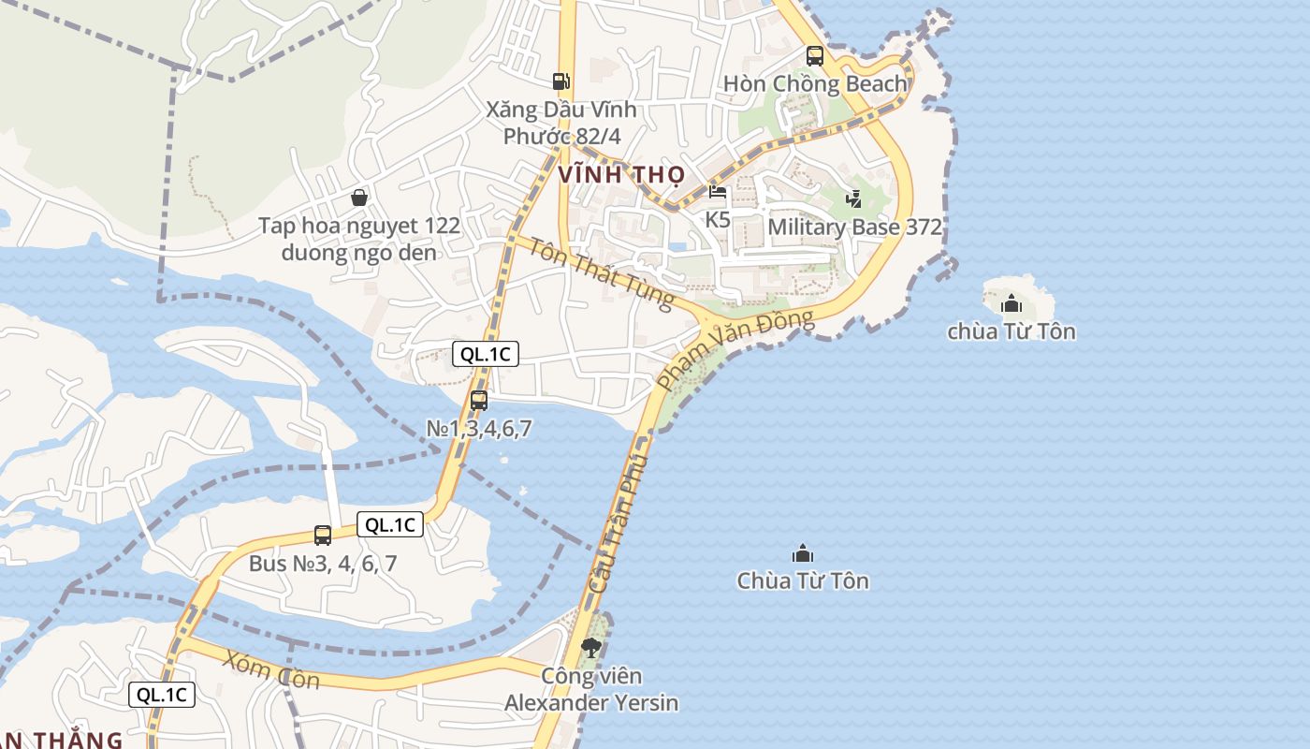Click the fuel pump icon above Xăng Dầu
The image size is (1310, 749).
tap(560, 81)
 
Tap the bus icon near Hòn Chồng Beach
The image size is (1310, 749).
tap(814, 55)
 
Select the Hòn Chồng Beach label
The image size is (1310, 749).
tap(815, 83)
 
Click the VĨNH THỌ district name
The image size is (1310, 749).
tap(621, 174)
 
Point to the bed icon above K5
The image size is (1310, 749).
tap(718, 193)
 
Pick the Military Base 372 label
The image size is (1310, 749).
tap(854, 228)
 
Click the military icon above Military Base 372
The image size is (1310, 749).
tap(853, 198)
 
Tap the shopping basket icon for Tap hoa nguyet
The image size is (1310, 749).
tap(358, 198)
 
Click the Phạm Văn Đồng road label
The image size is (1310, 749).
tap(735, 349)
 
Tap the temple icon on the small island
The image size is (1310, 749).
tap(1012, 303)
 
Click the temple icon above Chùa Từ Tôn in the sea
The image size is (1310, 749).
tap(802, 553)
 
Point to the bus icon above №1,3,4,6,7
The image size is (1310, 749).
tap(479, 401)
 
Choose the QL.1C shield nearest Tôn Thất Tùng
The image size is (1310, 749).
tap(485, 354)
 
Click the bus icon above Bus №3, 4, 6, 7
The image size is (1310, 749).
tap(323, 536)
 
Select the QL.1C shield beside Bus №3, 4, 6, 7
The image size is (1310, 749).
tap(390, 524)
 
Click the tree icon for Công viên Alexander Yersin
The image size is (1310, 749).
tap(590, 646)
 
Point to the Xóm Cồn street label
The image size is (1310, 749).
tap(271, 670)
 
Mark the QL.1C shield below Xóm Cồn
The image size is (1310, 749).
tap(162, 695)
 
